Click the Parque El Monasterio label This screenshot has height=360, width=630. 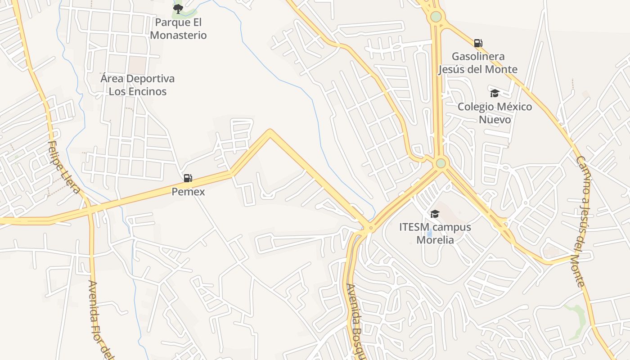click(x=178, y=29)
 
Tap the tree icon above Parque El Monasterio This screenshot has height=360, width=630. click(x=178, y=9)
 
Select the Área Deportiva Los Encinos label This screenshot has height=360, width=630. click(x=137, y=85)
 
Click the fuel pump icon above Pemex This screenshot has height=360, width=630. click(x=188, y=178)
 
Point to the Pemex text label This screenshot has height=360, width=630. click(x=188, y=192)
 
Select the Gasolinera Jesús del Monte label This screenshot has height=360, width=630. click(x=477, y=63)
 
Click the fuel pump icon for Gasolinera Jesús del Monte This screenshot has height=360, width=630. click(x=478, y=43)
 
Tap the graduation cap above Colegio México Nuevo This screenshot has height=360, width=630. click(x=495, y=93)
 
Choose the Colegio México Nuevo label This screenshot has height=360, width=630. click(x=495, y=113)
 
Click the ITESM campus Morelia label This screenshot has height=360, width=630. click(x=435, y=233)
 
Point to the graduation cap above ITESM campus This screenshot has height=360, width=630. click(x=435, y=214)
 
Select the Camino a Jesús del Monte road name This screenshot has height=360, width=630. click(x=580, y=220)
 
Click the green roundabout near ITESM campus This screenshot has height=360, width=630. click(x=441, y=163)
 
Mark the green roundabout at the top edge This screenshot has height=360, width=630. click(x=436, y=17)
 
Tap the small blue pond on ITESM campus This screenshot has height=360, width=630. click(x=429, y=233)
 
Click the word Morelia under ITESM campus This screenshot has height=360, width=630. click(x=435, y=239)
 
